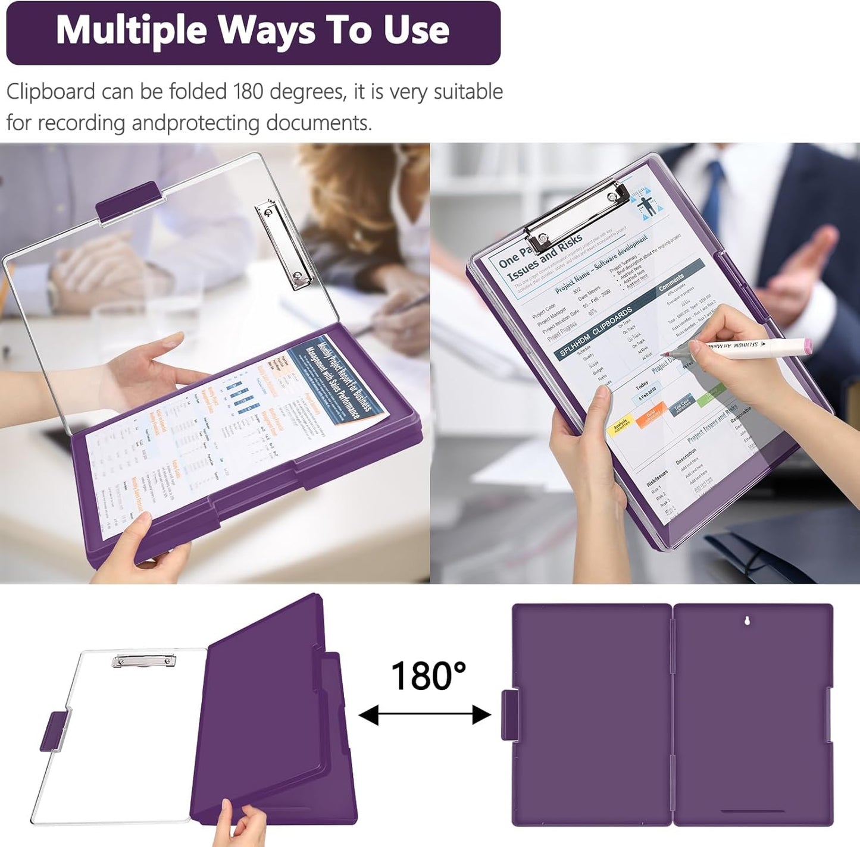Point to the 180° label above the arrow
click(428, 676)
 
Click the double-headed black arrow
click(424, 714)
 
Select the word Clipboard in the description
click(51, 92)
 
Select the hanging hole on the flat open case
click(748, 621)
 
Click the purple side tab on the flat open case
click(509, 715)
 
